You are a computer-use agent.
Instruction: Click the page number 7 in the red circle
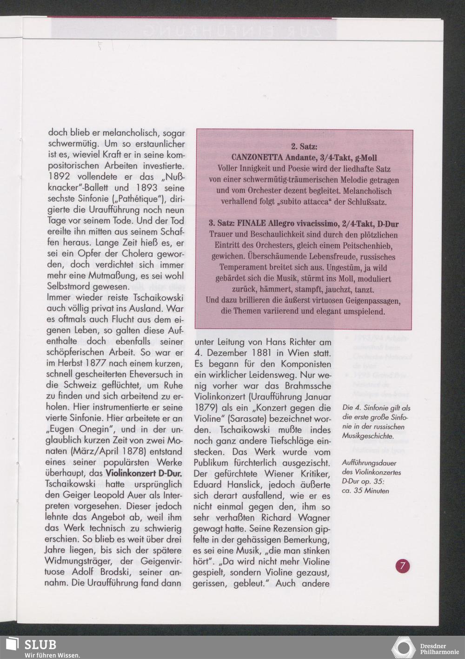pos(403,566)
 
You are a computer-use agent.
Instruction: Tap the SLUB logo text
pos(40,645)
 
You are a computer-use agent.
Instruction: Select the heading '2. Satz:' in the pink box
pos(304,147)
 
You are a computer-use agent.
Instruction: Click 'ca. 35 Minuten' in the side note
pos(365,490)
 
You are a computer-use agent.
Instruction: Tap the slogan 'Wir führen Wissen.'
pos(52,655)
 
